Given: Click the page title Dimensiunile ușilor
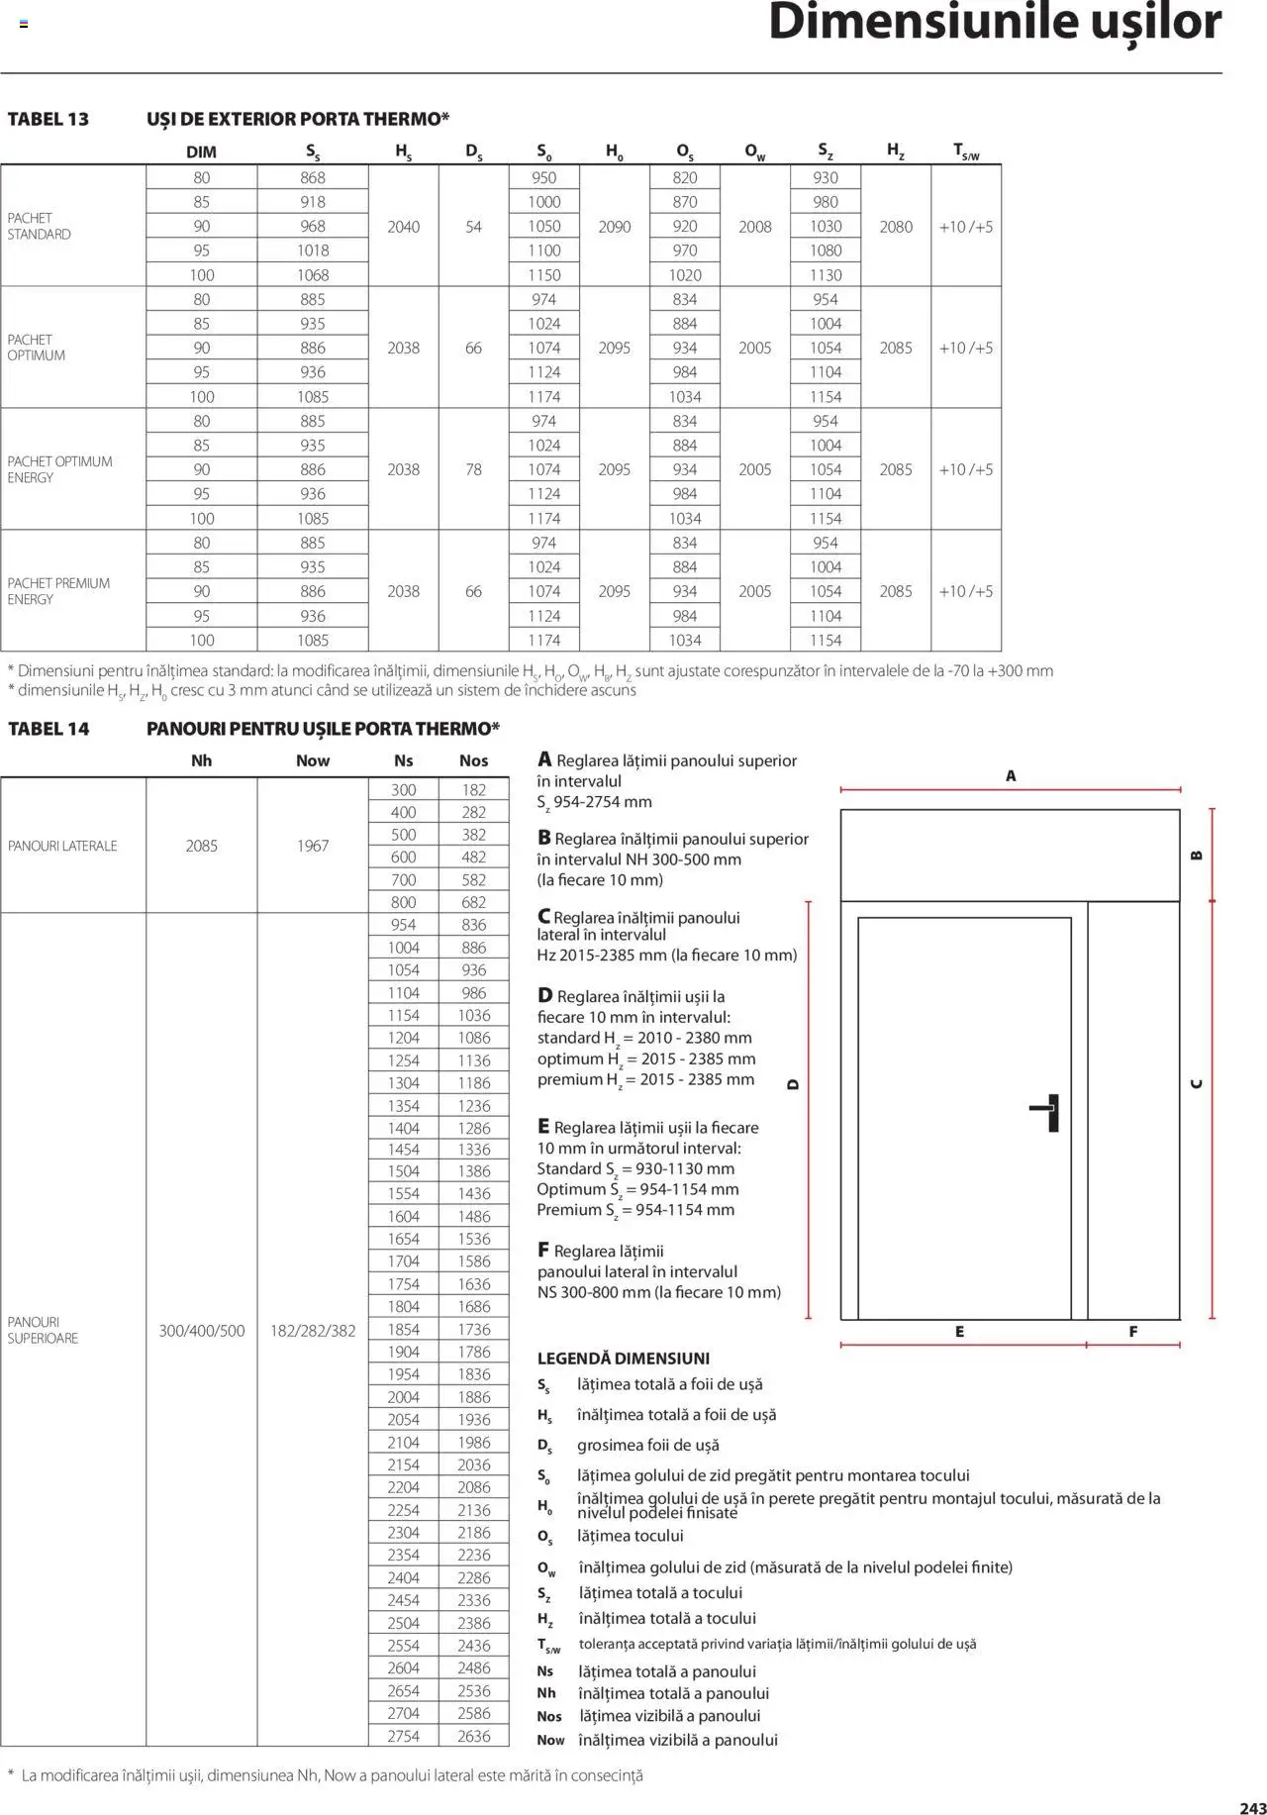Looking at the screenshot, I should pyautogui.click(x=994, y=24).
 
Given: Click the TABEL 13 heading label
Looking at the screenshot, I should pyautogui.click(x=48, y=120).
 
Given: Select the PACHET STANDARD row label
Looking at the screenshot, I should pyautogui.click(x=39, y=226).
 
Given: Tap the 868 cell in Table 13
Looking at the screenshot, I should pyautogui.click(x=313, y=178).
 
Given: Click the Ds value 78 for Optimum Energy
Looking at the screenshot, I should pyautogui.click(x=473, y=469).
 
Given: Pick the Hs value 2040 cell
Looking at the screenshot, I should pyautogui.click(x=403, y=227).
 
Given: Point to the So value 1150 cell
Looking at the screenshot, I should pyautogui.click(x=543, y=275).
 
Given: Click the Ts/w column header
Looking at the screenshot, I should pyautogui.click(x=965, y=151).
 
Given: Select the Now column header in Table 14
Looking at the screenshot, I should pyautogui.click(x=313, y=760).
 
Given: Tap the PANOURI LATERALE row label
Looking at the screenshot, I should pyautogui.click(x=62, y=846).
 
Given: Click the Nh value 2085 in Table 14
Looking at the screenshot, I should pyautogui.click(x=201, y=846).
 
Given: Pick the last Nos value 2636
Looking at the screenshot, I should pyautogui.click(x=473, y=1736).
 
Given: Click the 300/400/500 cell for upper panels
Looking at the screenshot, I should pyautogui.click(x=201, y=1331).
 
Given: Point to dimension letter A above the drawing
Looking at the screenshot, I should pyautogui.click(x=1011, y=776).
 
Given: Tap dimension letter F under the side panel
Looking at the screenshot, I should pyautogui.click(x=1133, y=1332).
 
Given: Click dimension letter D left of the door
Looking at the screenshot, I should pyautogui.click(x=792, y=1084).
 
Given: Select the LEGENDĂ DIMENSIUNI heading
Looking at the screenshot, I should pyautogui.click(x=623, y=1359).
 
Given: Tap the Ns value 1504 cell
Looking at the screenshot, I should pyautogui.click(x=403, y=1171).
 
